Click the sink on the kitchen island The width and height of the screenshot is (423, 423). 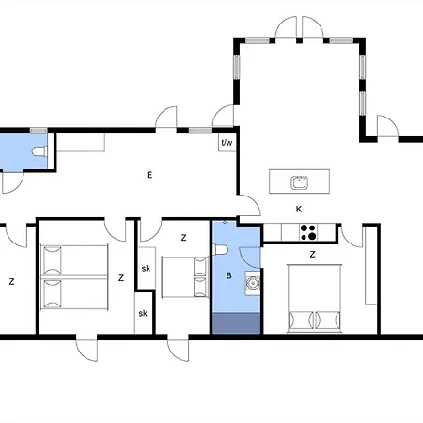click(x=299, y=182)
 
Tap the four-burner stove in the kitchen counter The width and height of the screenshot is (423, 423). click(x=308, y=232)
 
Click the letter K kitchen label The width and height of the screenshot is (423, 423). click(x=299, y=209)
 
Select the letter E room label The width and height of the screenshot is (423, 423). click(x=149, y=175)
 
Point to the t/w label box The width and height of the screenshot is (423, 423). click(x=227, y=143)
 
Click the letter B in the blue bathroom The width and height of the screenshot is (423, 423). click(x=228, y=275)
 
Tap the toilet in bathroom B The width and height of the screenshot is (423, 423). click(x=221, y=250)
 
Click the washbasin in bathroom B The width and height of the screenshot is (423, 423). click(x=253, y=283)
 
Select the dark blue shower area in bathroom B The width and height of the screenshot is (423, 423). click(x=237, y=323)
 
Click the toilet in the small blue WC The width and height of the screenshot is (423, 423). click(x=39, y=151)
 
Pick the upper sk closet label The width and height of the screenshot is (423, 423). click(x=146, y=269)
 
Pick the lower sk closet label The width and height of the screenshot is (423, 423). click(x=143, y=313)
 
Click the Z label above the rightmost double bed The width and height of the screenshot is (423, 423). click(x=312, y=255)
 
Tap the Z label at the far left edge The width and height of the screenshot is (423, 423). click(x=11, y=281)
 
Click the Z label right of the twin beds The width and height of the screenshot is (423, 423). click(x=121, y=277)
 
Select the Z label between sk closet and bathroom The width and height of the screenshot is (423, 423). click(x=183, y=238)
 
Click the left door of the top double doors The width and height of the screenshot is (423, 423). click(x=286, y=27)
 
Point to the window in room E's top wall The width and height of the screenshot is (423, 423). click(x=200, y=131)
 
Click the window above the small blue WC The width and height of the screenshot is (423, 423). click(x=39, y=131)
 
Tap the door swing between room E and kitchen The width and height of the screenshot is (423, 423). click(x=250, y=205)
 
